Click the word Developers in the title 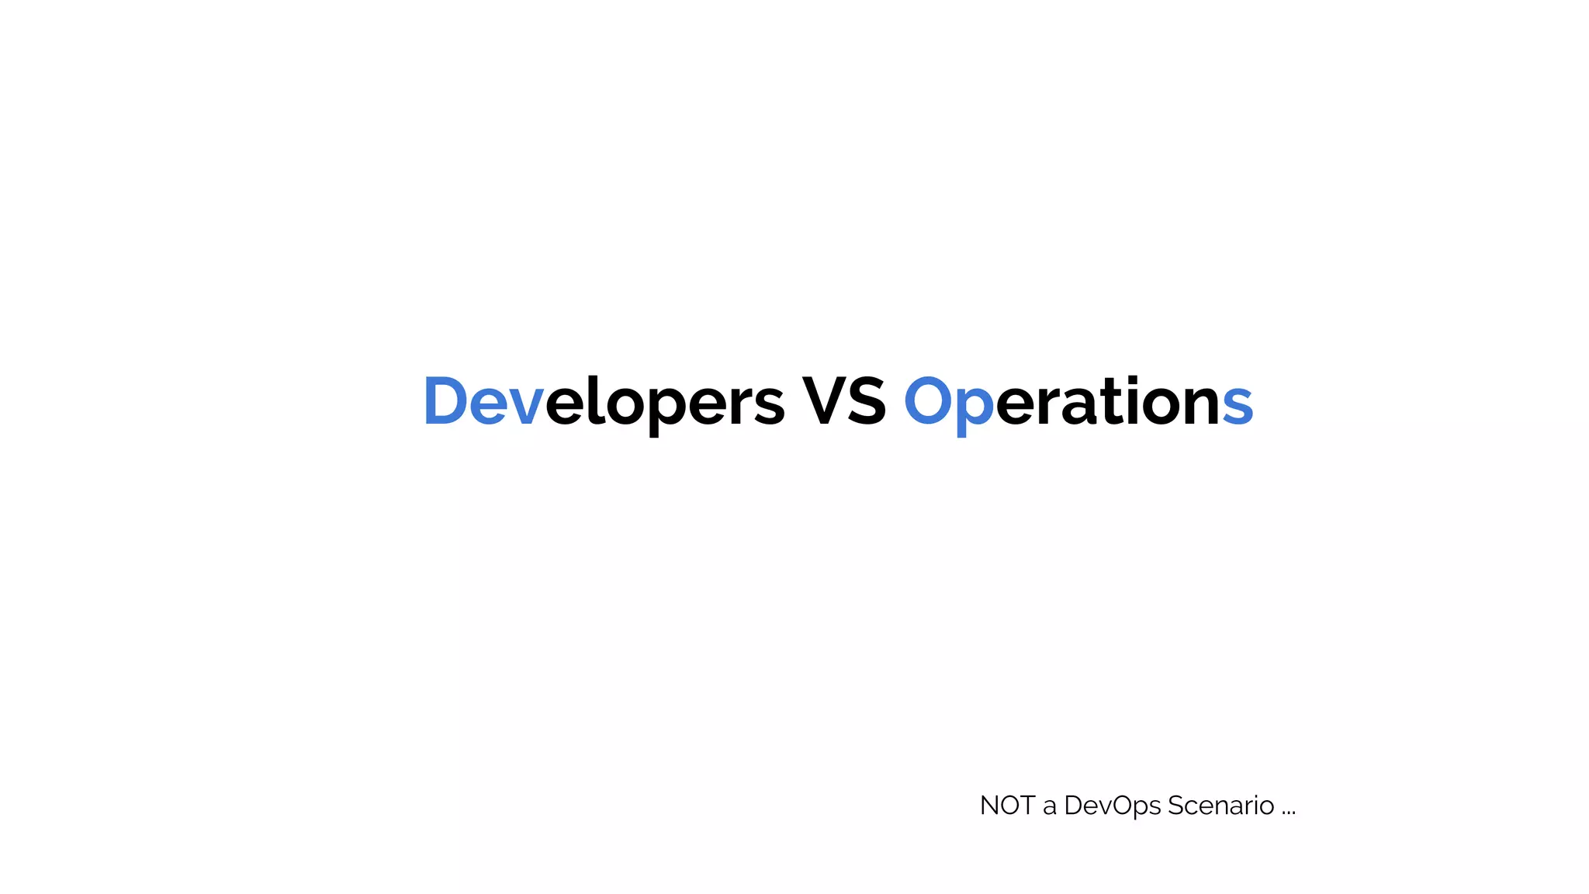tap(604, 402)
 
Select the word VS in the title tap(843, 402)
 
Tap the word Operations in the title tap(1078, 402)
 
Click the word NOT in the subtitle tap(1007, 806)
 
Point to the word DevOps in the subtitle tap(1113, 806)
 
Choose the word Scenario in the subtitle tap(1220, 806)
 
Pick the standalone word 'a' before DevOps tap(1050, 808)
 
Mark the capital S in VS tap(867, 402)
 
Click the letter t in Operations tap(1109, 402)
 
